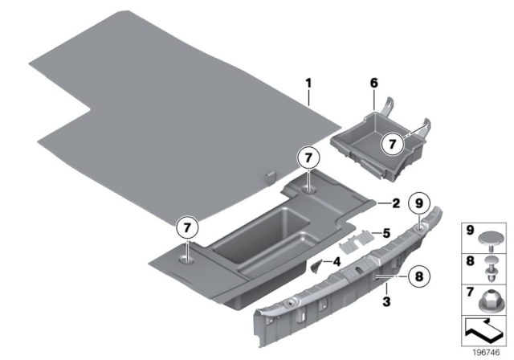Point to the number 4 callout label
click(x=337, y=262)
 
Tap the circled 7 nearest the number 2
click(x=310, y=158)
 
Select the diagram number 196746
click(x=491, y=350)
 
